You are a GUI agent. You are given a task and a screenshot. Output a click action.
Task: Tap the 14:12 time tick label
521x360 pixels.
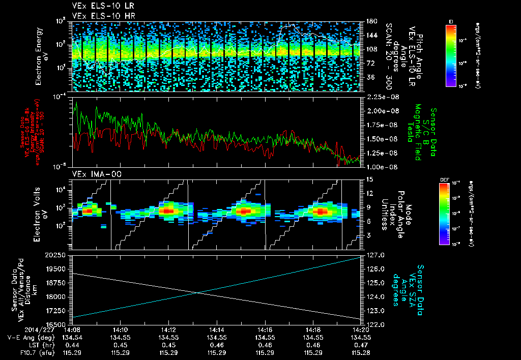pos(168,329)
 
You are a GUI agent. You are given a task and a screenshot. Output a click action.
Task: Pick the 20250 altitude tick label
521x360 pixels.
pos(58,255)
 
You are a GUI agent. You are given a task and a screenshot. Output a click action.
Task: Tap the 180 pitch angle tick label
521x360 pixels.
pos(370,21)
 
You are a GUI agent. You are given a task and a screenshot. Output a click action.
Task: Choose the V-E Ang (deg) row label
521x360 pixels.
pos(27,337)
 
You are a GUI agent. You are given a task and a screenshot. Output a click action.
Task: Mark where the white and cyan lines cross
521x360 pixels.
pos(196,292)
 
